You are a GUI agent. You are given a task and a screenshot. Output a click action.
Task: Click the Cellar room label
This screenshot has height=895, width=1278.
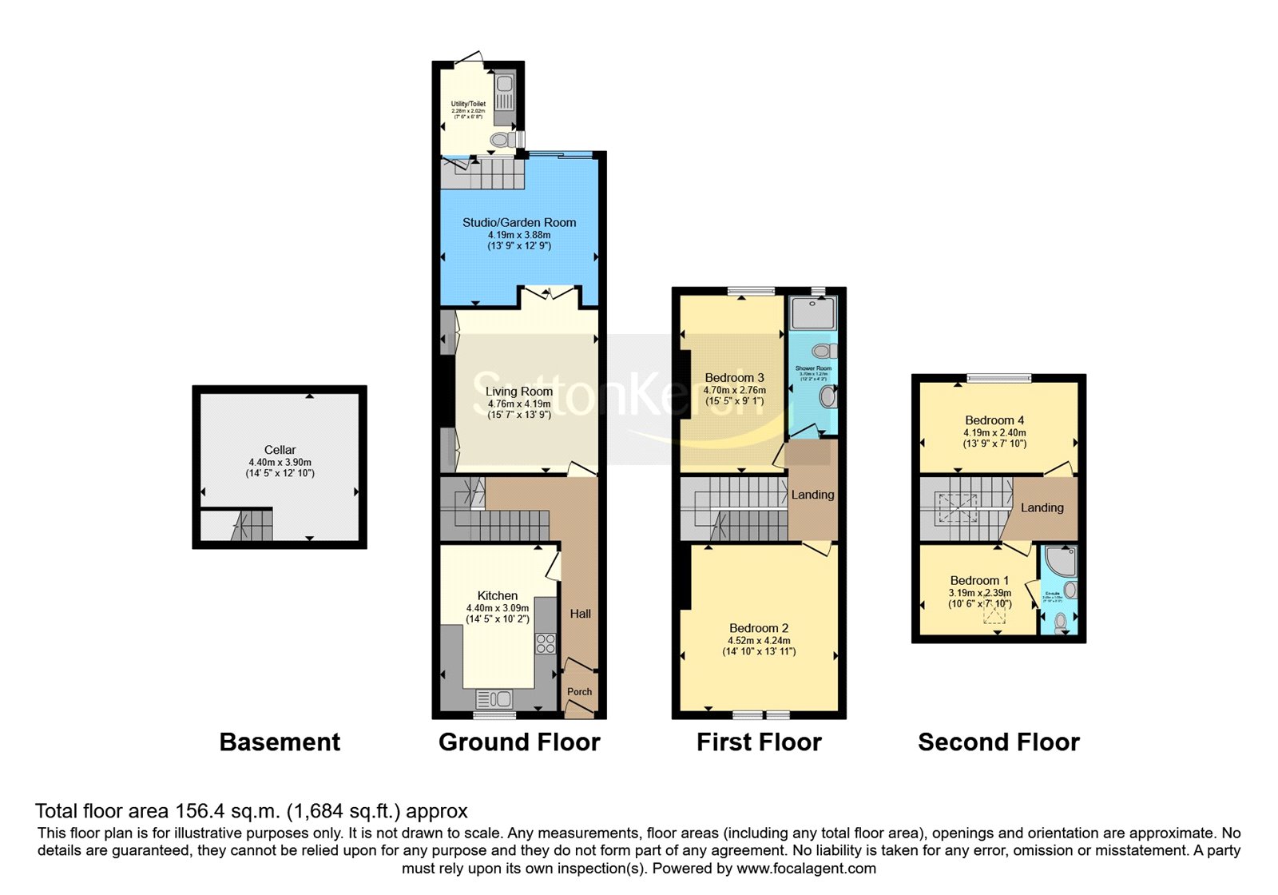[x=280, y=450]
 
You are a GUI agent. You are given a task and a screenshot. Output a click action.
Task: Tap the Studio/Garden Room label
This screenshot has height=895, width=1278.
[x=519, y=222]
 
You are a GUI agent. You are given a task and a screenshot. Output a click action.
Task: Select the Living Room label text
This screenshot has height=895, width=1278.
[x=519, y=392]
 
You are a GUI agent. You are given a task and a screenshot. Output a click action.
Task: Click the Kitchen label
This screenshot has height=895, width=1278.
[x=498, y=595]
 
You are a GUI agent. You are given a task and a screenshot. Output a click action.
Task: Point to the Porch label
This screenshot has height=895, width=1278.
[x=580, y=692]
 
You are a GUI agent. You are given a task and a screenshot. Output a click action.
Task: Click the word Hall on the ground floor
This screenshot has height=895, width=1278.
[x=581, y=614]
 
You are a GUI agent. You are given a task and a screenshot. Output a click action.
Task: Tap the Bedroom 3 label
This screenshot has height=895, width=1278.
[x=734, y=378]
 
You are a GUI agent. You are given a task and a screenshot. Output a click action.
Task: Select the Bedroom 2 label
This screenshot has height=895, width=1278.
[x=759, y=628]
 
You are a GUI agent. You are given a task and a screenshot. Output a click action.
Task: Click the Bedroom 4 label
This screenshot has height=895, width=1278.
[x=994, y=420]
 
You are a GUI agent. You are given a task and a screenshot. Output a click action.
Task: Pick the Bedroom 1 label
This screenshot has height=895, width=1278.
[x=979, y=580]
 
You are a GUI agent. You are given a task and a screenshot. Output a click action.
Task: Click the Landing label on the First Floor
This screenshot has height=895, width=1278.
[x=812, y=495]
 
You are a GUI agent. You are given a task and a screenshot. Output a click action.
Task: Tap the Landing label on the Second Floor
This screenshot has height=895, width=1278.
[x=1042, y=507]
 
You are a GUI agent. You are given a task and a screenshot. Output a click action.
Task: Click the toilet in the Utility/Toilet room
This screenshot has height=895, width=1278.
[x=501, y=140]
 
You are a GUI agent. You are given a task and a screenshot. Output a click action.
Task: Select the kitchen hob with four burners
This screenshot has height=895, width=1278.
[x=546, y=643]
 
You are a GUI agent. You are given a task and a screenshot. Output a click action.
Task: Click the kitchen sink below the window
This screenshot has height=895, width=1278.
[x=494, y=700]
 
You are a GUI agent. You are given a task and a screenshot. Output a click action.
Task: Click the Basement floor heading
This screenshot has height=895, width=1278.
[x=280, y=742]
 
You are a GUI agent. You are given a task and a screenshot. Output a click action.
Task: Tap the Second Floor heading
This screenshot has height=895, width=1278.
[x=998, y=742]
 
